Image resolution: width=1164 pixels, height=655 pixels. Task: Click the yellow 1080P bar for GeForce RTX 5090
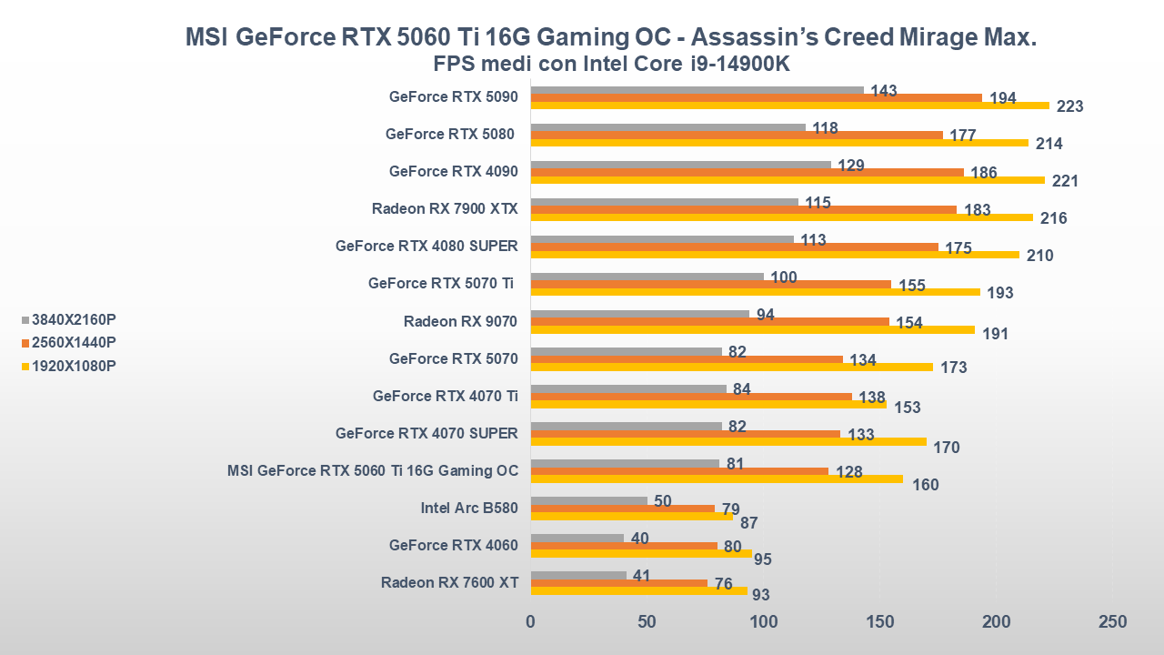pyautogui.click(x=789, y=106)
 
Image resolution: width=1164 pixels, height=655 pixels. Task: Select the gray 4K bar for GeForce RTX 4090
pyautogui.click(x=680, y=165)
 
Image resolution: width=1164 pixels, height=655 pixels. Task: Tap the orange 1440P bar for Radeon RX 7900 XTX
pyautogui.click(x=743, y=210)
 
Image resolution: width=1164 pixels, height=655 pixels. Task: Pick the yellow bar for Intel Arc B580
pyautogui.click(x=631, y=516)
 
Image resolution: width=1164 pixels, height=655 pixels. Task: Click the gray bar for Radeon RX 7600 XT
pyautogui.click(x=578, y=575)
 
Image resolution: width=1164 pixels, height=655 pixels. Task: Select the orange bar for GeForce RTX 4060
pyautogui.click(x=623, y=546)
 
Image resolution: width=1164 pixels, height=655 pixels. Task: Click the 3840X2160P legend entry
pyautogui.click(x=74, y=319)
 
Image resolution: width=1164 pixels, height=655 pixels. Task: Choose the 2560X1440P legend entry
pyautogui.click(x=74, y=342)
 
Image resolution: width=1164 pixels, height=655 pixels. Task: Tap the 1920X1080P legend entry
pyautogui.click(x=74, y=366)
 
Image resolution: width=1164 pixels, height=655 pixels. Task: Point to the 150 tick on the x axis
pyautogui.click(x=879, y=622)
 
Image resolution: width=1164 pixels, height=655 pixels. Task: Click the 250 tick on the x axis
pyautogui.click(x=1112, y=622)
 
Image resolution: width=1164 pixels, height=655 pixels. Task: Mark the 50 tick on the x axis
pyautogui.click(x=647, y=622)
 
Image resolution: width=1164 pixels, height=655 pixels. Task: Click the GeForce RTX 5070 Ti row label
pyautogui.click(x=442, y=284)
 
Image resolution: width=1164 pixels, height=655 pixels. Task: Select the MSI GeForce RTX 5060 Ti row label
pyautogui.click(x=373, y=470)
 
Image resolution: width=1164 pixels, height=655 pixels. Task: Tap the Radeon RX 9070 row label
pyautogui.click(x=460, y=321)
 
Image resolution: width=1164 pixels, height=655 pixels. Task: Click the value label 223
pyautogui.click(x=1070, y=106)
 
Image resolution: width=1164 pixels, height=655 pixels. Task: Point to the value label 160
pyautogui.click(x=925, y=485)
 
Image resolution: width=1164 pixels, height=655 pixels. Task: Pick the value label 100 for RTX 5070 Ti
pyautogui.click(x=784, y=277)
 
